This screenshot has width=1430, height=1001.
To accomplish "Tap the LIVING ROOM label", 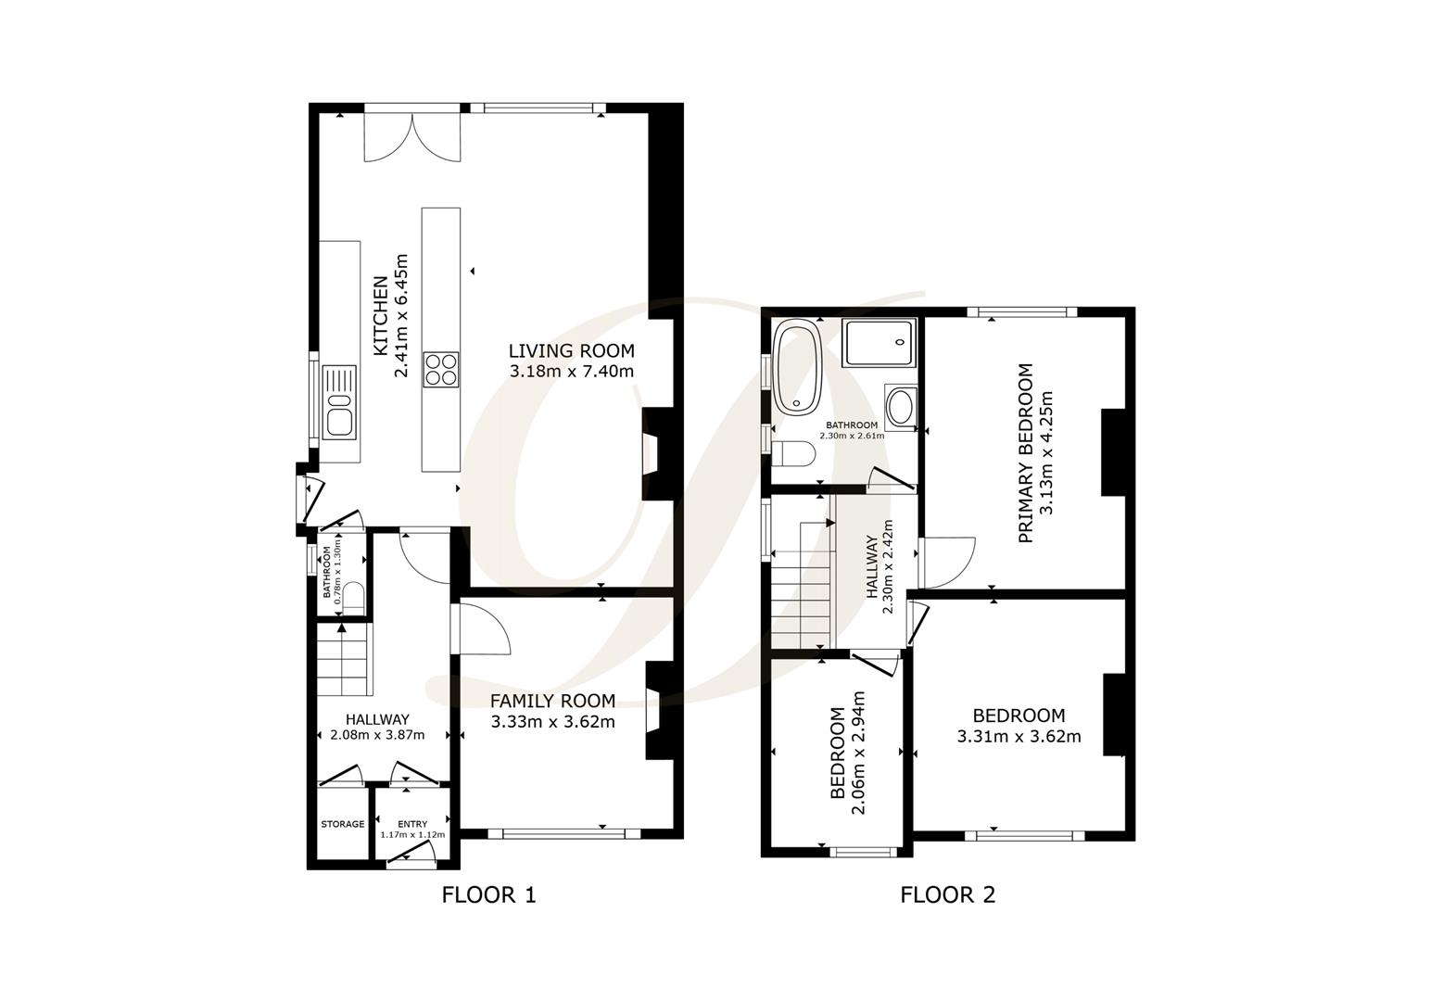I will click(571, 351).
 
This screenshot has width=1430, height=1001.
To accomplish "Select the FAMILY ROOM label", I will click(552, 701).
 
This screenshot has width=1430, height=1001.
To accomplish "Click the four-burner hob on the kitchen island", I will click(441, 369).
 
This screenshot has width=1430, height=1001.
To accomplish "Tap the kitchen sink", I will click(339, 402).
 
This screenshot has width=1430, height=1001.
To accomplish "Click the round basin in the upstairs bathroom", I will click(899, 406).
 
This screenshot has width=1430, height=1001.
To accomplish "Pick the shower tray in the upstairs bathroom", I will click(879, 343).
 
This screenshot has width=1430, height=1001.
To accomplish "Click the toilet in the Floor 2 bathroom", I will click(795, 454).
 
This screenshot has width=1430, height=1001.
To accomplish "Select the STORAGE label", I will click(343, 824).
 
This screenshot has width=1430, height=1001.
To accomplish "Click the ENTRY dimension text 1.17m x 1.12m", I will click(412, 834).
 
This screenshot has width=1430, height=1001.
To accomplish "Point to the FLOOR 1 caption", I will click(488, 894).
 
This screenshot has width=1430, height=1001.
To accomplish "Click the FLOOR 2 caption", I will click(947, 894).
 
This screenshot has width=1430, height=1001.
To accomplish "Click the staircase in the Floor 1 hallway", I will click(344, 659).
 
